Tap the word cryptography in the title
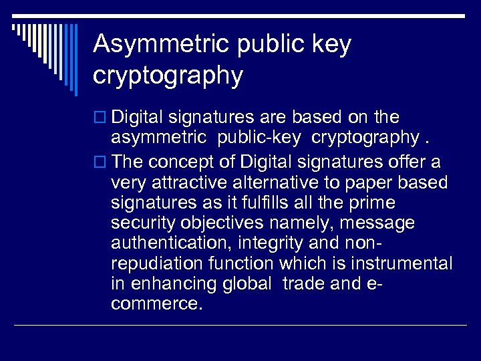(168, 75)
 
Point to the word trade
(305, 283)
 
